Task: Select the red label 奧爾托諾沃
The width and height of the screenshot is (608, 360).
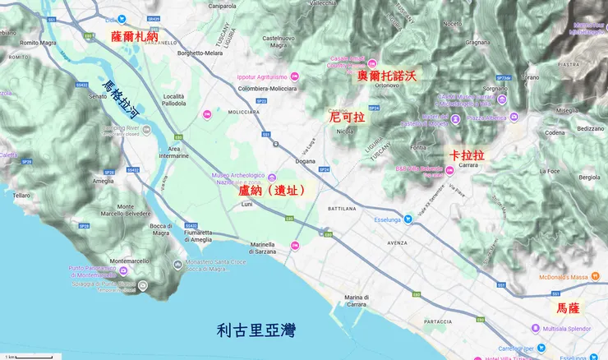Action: [388, 76]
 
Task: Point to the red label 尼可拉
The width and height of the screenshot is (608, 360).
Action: [346, 118]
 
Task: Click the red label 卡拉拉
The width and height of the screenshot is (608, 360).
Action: [467, 155]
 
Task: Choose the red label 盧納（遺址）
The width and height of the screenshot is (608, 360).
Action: [272, 190]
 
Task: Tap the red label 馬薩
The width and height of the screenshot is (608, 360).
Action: [568, 308]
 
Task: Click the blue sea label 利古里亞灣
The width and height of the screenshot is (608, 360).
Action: [256, 330]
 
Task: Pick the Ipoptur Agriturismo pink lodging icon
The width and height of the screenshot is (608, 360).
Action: [295, 76]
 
